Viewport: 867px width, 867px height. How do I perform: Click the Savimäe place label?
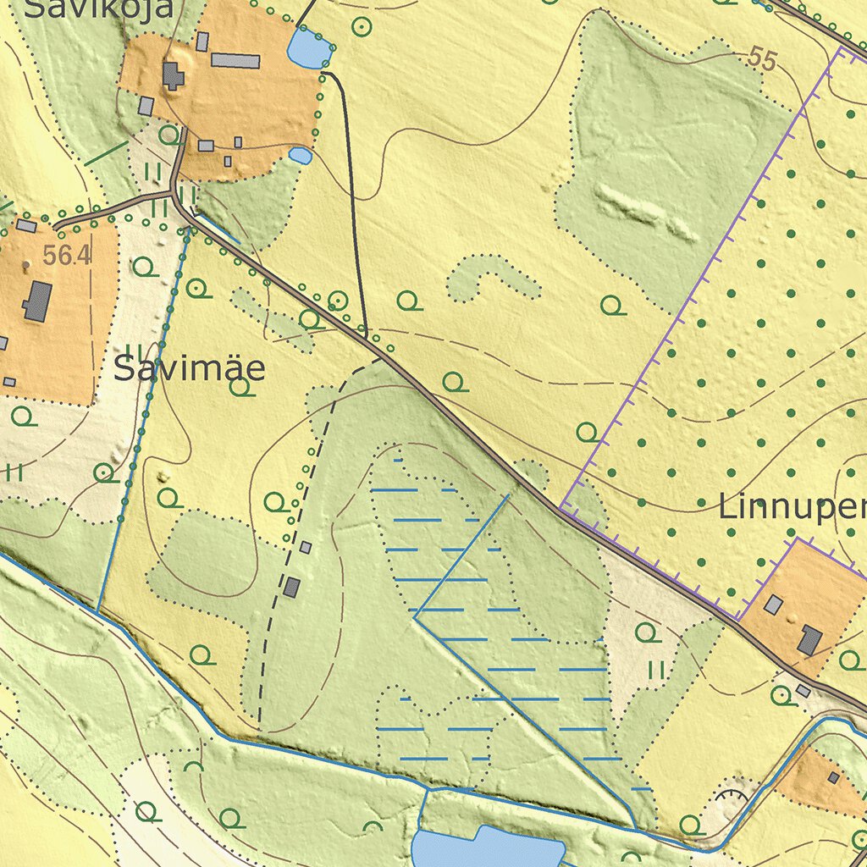pos(189,370)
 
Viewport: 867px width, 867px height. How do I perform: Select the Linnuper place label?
pos(792,507)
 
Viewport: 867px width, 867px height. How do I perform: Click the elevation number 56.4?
pos(66,256)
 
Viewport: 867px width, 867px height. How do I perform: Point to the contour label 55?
pos(762,59)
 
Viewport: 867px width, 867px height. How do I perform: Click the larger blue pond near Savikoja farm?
pos(307,48)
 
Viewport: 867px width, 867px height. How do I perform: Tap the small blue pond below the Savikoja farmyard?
pos(301,156)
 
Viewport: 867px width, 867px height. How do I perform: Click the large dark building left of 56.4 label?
pos(37,301)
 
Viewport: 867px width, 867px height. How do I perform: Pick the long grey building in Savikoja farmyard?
pos(235,60)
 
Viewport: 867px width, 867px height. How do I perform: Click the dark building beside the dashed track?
pos(292,587)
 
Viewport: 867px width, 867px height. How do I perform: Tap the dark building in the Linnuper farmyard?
pos(809,640)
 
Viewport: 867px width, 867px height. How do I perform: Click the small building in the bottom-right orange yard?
pos(834,777)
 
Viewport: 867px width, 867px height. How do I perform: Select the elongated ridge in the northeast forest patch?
pos(645,211)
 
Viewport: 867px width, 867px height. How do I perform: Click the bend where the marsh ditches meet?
pos(415,618)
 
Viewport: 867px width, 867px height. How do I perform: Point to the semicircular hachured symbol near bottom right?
pos(732,794)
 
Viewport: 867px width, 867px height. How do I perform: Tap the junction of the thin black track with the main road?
pos(367,337)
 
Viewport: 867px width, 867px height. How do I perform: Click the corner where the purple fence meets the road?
pos(561,508)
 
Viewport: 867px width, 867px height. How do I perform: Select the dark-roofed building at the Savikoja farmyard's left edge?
pos(173,76)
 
